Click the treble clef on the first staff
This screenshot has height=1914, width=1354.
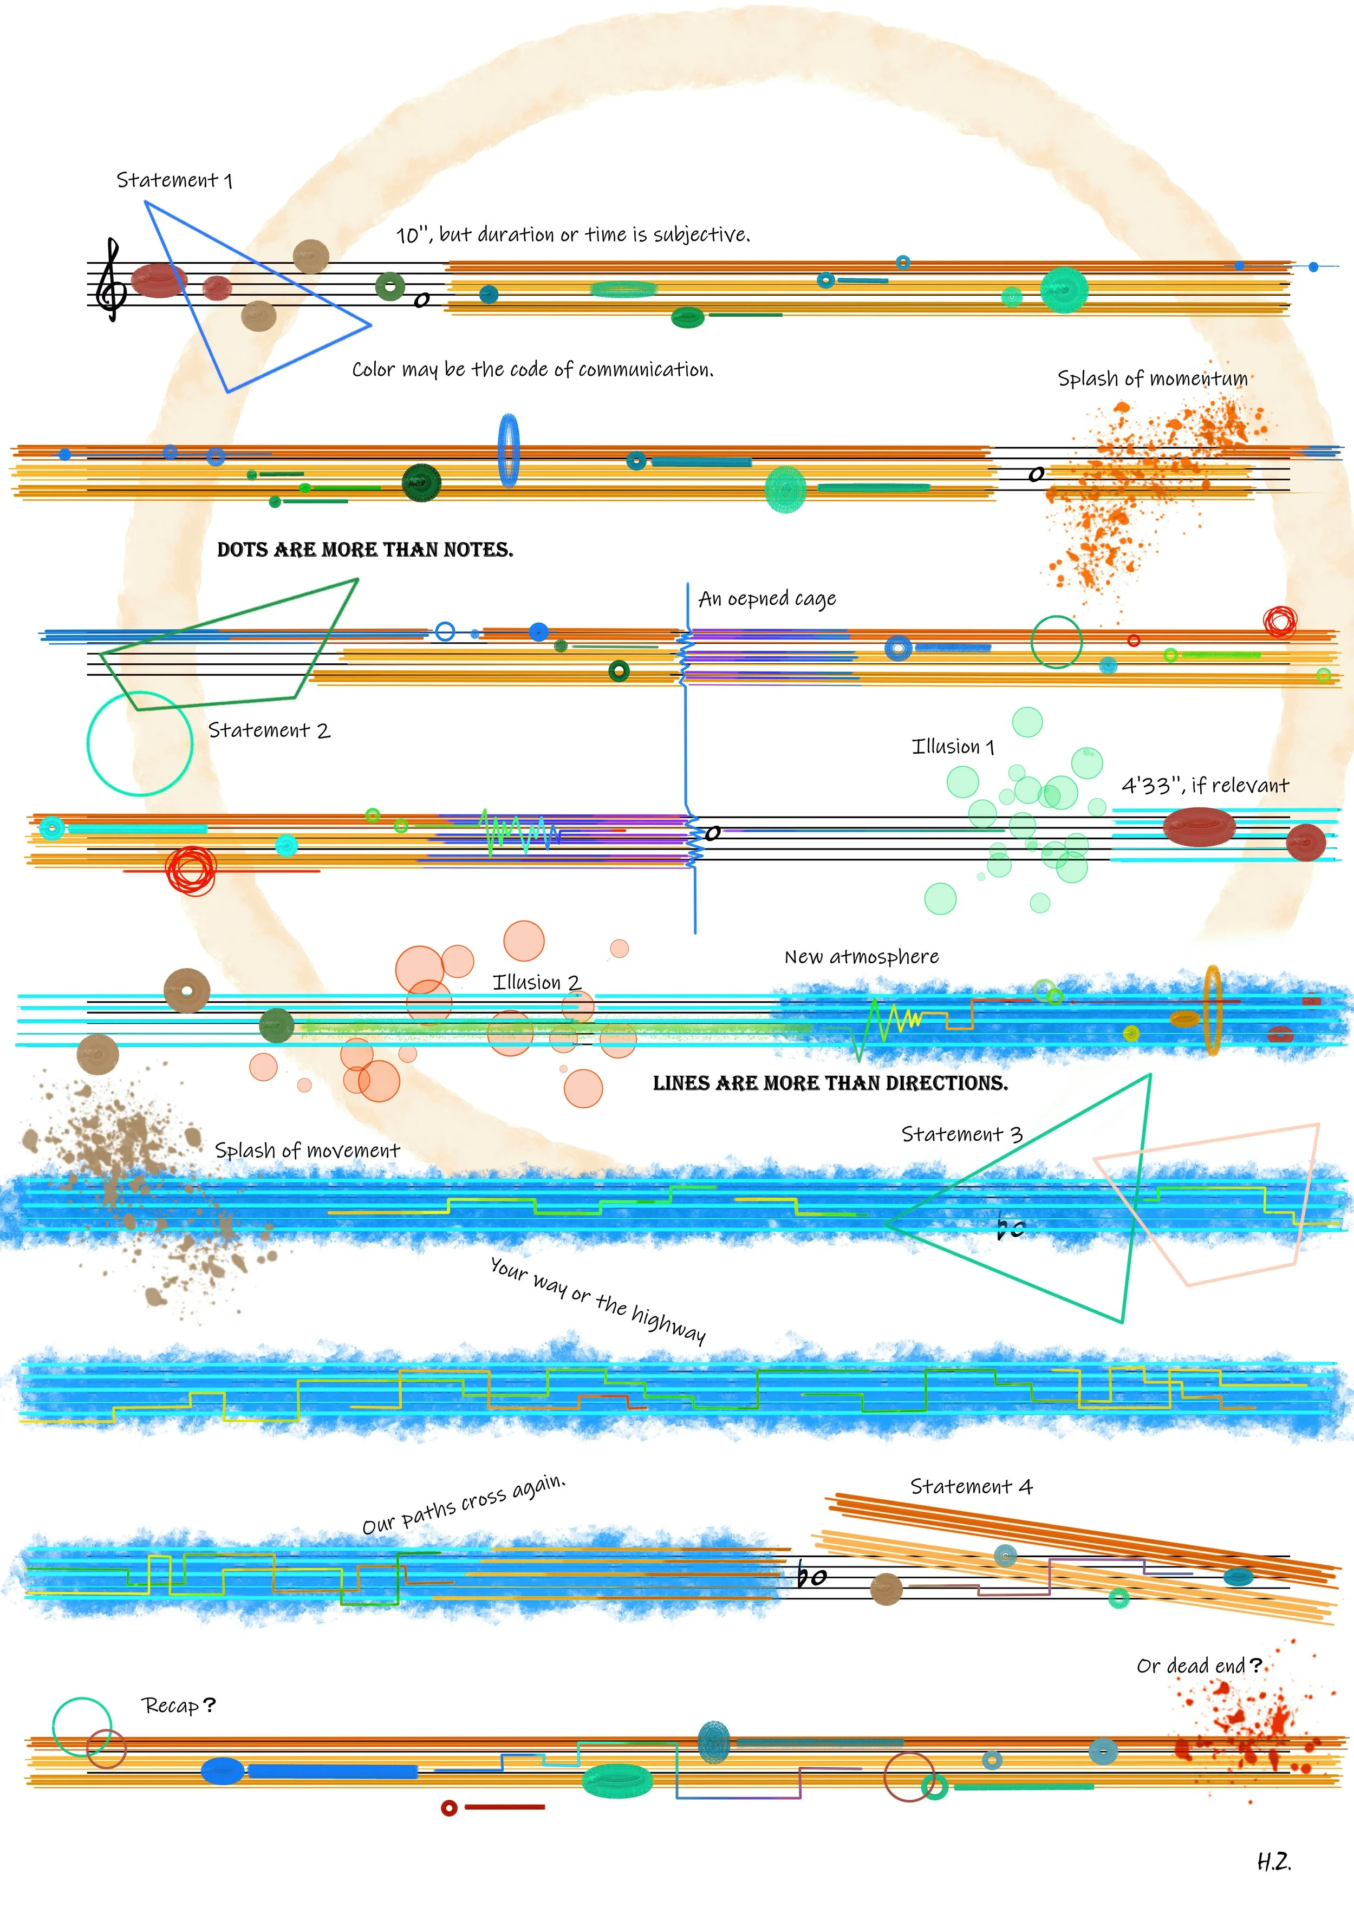click(x=111, y=279)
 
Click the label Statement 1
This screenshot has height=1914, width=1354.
click(x=174, y=180)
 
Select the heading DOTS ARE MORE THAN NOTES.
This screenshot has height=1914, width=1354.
click(x=365, y=550)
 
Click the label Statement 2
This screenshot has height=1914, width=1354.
click(x=269, y=731)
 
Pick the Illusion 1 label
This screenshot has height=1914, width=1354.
click(x=953, y=747)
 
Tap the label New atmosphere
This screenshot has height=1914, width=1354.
click(x=861, y=957)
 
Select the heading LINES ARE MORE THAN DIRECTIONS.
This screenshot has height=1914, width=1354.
click(x=830, y=1084)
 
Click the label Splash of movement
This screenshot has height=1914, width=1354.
click(x=307, y=1151)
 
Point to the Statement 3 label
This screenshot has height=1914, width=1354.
click(x=961, y=1134)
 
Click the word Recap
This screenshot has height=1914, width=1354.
click(x=171, y=1706)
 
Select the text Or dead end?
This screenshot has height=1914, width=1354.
click(x=1199, y=1665)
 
